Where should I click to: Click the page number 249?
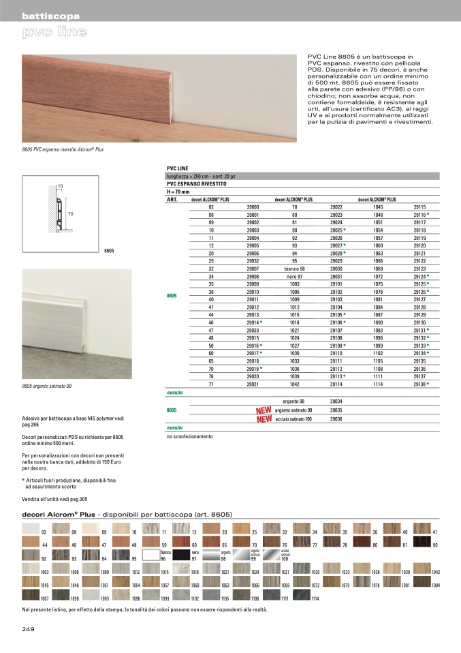29,628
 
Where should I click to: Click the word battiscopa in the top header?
51,16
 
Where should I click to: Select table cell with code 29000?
253,207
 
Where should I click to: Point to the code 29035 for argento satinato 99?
336,410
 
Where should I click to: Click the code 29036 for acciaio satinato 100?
336,419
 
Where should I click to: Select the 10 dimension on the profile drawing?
60,186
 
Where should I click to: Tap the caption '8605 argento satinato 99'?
47,386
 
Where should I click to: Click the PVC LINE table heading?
177,168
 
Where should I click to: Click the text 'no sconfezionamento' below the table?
189,436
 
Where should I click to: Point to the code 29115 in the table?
419,207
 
